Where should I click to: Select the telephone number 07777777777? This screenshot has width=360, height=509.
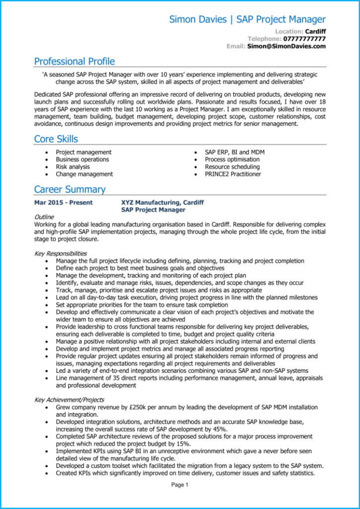click(304, 39)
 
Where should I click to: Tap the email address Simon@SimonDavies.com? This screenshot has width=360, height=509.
click(286, 46)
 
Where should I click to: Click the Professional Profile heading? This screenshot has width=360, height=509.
click(75, 62)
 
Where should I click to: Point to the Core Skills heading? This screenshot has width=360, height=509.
click(56, 139)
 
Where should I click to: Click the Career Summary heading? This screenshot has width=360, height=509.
click(70, 189)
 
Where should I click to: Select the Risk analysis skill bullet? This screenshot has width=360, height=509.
click(73, 167)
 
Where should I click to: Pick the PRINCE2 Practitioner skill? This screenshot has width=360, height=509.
click(233, 174)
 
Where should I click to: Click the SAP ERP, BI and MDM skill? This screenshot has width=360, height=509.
click(235, 152)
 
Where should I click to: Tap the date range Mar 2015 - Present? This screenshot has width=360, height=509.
click(63, 203)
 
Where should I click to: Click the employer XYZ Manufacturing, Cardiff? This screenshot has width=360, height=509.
click(162, 203)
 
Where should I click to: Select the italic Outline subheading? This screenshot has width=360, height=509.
click(44, 217)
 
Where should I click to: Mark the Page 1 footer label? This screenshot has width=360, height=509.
click(180, 485)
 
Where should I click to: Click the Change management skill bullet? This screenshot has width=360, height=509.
click(84, 174)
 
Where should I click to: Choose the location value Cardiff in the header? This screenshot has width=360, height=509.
click(315, 31)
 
